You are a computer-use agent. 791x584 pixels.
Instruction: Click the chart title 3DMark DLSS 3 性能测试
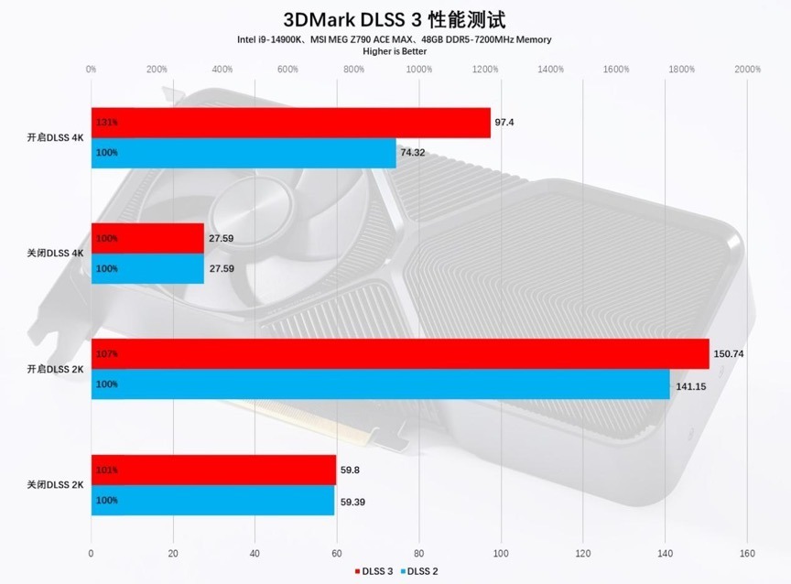pyautogui.click(x=395, y=19)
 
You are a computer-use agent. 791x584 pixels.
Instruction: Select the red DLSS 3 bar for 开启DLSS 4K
pyautogui.click(x=290, y=123)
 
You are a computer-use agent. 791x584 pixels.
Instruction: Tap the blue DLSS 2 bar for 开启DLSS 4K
pyautogui.click(x=244, y=153)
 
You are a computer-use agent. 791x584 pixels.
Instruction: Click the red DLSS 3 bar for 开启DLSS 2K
pyautogui.click(x=400, y=353)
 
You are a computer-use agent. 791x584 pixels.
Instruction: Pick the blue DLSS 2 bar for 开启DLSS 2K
pyautogui.click(x=380, y=384)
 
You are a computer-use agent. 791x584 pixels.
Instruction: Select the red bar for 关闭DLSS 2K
pyautogui.click(x=213, y=470)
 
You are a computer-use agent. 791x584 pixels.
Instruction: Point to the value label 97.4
pyautogui.click(x=504, y=122)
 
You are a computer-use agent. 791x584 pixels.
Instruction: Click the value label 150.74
pyautogui.click(x=729, y=353)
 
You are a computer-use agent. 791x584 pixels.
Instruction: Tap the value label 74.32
pyautogui.click(x=413, y=153)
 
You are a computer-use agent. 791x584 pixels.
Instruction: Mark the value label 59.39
pyautogui.click(x=352, y=501)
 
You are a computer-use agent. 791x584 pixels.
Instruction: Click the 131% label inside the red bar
pyautogui.click(x=106, y=123)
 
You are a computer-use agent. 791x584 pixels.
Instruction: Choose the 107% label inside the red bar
pyautogui.click(x=106, y=353)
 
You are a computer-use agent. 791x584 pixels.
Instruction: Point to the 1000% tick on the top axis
pyautogui.click(x=418, y=69)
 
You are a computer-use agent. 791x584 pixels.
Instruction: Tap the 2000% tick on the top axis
pyautogui.click(x=747, y=69)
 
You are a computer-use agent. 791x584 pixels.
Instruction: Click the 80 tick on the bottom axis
pyautogui.click(x=418, y=553)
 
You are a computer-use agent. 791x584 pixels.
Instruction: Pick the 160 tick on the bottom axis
pyautogui.click(x=747, y=553)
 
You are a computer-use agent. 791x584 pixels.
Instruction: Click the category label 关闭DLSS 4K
pyautogui.click(x=55, y=254)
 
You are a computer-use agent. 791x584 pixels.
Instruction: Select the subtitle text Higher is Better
pyautogui.click(x=395, y=51)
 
